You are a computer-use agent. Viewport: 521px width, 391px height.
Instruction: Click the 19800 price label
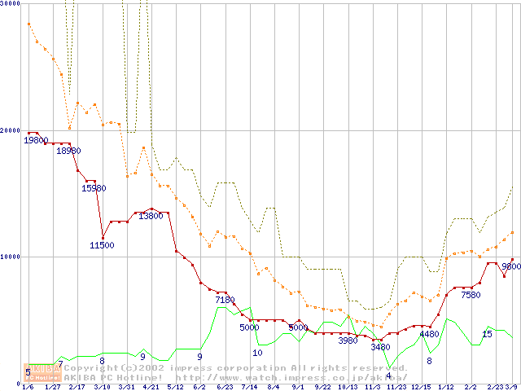(x=36, y=140)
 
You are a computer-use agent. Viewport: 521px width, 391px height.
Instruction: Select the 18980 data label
(x=69, y=151)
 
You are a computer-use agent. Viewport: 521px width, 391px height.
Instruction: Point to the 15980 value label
(x=94, y=188)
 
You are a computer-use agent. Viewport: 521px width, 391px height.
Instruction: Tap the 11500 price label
(x=102, y=245)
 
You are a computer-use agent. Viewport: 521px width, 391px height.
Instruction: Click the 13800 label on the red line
(x=151, y=216)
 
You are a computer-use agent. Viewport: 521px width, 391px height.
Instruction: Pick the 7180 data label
(x=225, y=300)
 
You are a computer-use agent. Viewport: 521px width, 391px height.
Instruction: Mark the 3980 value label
(x=348, y=340)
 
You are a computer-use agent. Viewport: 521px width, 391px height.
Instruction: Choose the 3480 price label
(x=380, y=347)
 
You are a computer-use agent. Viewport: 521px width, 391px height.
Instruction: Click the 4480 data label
(x=429, y=334)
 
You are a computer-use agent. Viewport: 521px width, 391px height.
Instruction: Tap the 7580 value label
(x=471, y=295)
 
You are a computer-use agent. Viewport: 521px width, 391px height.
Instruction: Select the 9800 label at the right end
(x=511, y=266)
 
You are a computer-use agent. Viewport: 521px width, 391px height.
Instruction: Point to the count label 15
(x=487, y=334)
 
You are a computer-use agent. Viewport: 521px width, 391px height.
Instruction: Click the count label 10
(x=257, y=353)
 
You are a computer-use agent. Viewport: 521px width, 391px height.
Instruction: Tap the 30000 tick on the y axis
(x=9, y=3)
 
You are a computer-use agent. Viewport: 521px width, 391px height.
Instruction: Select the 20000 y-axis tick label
(x=9, y=130)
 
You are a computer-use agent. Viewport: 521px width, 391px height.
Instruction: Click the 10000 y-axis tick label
(x=9, y=257)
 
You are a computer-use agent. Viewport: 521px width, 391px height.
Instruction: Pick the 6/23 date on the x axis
(x=225, y=387)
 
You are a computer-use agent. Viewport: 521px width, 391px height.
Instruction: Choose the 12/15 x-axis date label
(x=421, y=387)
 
